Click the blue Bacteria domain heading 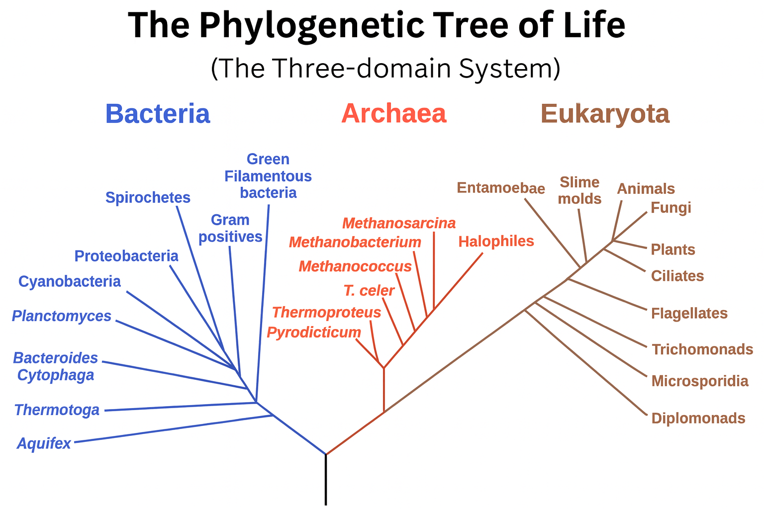click(158, 114)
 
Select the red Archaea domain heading click(393, 114)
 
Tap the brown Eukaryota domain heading click(605, 114)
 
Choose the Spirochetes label click(148, 198)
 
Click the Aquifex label click(44, 443)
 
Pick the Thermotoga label click(57, 410)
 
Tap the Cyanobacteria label click(70, 282)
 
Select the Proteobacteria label click(126, 256)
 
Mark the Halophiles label click(496, 242)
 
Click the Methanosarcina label click(399, 223)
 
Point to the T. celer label click(369, 290)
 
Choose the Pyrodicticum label click(314, 333)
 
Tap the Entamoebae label click(501, 188)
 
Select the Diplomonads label click(698, 419)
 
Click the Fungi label click(671, 208)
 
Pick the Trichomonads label click(702, 350)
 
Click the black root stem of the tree click(326, 480)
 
